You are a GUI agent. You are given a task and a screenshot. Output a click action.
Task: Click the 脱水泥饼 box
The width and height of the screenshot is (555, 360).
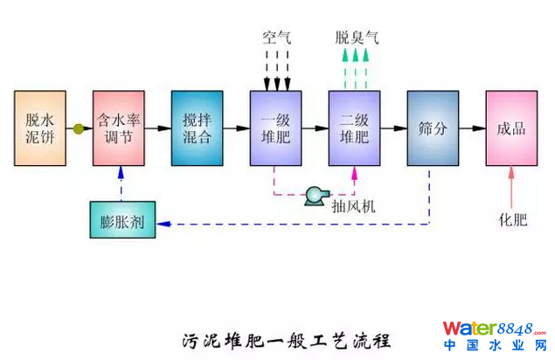(39, 128)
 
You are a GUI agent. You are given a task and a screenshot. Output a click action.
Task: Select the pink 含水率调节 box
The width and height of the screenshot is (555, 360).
(119, 128)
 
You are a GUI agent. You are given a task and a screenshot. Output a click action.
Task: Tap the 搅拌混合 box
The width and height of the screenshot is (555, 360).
(198, 128)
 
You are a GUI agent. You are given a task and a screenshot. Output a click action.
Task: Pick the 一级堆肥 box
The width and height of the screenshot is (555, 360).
(276, 128)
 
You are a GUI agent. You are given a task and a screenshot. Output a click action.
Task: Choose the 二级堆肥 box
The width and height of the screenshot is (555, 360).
(354, 128)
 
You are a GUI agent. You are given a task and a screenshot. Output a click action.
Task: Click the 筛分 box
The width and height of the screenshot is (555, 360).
(433, 128)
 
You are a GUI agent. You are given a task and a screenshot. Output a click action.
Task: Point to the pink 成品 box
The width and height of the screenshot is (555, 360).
(511, 128)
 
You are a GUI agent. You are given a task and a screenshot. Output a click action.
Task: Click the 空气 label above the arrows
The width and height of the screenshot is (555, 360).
(277, 38)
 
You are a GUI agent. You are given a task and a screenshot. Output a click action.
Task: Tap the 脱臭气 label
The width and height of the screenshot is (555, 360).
(357, 38)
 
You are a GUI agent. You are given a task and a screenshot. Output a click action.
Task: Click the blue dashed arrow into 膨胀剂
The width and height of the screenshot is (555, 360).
(288, 224)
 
